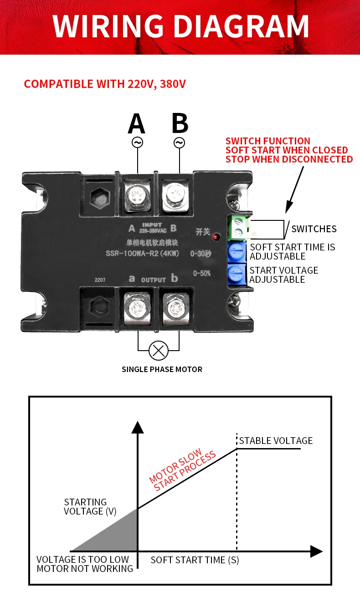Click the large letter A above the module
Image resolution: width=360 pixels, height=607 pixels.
click(x=137, y=123)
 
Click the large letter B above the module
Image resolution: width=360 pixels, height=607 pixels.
click(x=180, y=123)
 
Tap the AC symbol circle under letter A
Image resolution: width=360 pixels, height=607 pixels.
click(x=138, y=143)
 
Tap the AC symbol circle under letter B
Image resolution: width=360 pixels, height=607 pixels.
click(x=179, y=143)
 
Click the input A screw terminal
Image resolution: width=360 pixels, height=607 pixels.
click(x=138, y=195)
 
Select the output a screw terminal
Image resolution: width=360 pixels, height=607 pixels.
click(x=137, y=308)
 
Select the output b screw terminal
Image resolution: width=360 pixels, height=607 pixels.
click(x=176, y=308)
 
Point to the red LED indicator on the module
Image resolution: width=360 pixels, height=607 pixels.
click(x=216, y=237)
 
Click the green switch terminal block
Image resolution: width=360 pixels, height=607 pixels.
click(x=238, y=228)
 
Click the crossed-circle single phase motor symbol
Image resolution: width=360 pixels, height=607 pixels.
click(x=159, y=350)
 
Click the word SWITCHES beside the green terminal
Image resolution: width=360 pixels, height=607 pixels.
click(x=314, y=229)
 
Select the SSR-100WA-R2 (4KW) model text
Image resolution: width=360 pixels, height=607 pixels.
click(x=142, y=254)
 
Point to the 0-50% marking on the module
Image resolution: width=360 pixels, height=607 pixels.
click(x=202, y=273)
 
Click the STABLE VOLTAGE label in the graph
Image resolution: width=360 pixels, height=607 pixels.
click(x=276, y=441)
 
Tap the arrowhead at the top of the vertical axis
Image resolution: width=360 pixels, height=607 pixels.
click(x=138, y=427)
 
